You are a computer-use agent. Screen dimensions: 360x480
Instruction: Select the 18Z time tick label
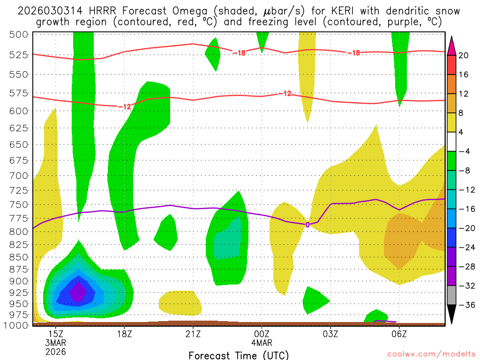point(124,334)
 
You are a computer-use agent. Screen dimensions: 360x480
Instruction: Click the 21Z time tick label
point(193,334)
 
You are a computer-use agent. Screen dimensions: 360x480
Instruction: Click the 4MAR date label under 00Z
point(262,343)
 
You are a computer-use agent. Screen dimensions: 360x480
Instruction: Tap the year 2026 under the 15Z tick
point(56,352)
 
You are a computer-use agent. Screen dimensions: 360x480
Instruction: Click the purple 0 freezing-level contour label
point(307,225)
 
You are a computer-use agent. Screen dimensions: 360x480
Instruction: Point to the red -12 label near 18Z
point(124,106)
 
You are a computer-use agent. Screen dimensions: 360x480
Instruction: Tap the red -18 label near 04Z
point(353,52)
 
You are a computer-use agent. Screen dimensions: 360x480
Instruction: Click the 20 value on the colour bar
point(464,55)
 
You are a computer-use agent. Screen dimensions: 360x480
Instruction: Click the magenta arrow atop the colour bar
point(451,44)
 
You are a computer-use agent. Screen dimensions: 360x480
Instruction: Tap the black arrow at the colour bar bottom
point(451,315)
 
